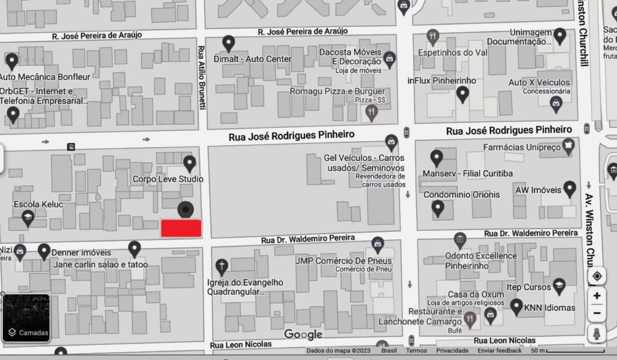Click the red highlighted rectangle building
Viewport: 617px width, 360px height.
181,228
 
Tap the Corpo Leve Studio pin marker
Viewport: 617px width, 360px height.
190,163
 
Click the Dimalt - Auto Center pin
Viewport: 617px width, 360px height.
228,43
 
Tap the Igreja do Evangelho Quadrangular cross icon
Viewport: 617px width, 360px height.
222,266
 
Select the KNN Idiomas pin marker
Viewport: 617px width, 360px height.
516,306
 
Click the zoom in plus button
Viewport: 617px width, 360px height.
597,295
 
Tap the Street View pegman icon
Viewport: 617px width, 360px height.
597,333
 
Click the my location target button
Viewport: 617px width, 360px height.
597,276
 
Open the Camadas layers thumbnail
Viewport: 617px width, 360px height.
27,317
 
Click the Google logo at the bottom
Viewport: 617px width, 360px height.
303,334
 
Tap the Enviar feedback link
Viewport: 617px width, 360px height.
500,350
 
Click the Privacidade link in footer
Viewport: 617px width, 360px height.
453,350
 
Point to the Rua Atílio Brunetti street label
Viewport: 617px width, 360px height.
202,78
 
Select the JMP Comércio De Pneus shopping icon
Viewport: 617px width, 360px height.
378,245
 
